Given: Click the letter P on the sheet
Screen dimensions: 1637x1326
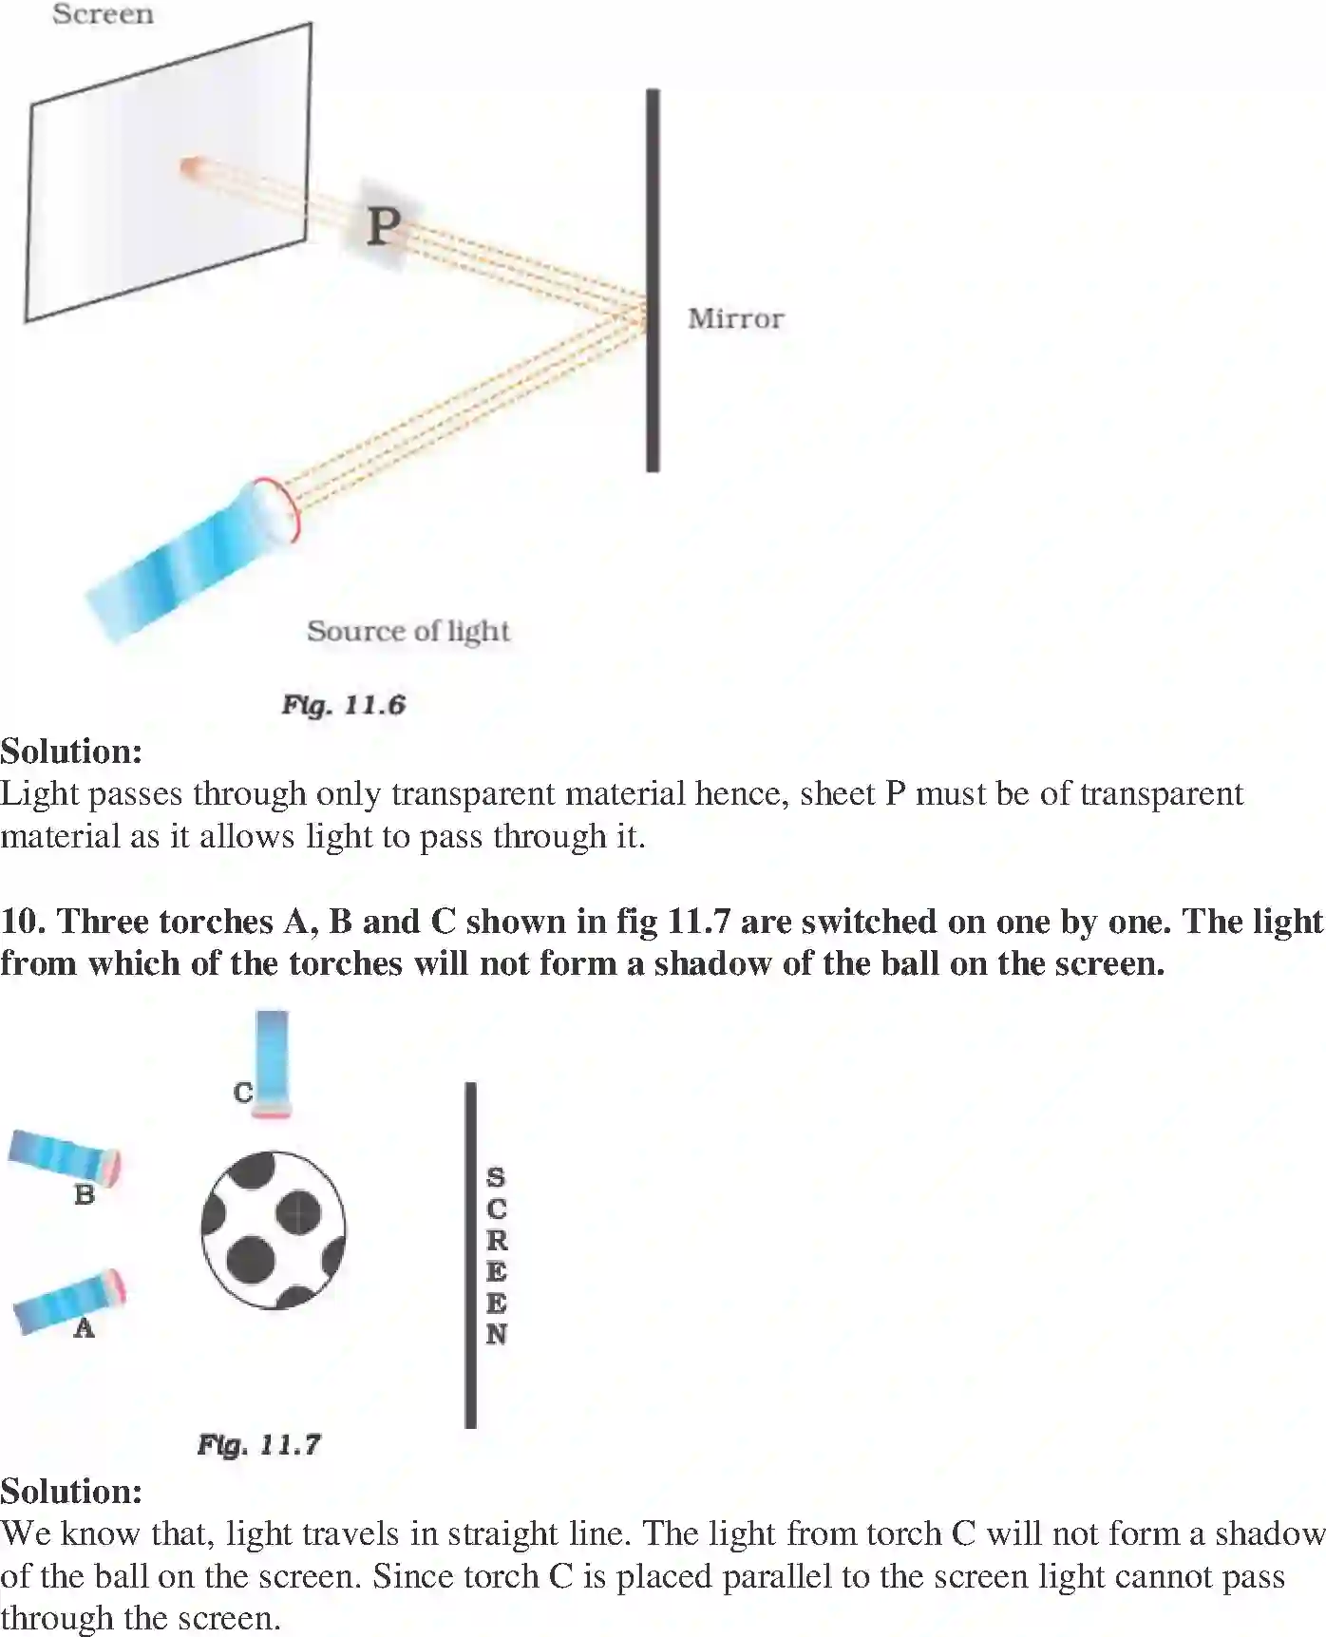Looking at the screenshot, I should click(x=383, y=226).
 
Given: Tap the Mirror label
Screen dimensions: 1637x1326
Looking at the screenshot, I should click(x=735, y=318).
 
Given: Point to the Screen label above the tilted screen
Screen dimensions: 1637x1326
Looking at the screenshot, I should click(x=103, y=14).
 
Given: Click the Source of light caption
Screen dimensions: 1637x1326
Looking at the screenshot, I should click(x=407, y=631).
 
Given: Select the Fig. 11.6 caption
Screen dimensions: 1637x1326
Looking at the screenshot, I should click(x=343, y=705).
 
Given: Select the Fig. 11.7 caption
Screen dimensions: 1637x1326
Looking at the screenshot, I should click(x=258, y=1445).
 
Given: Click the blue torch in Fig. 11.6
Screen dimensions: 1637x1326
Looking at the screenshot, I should click(x=190, y=561).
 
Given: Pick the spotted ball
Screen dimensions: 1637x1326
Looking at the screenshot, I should click(x=274, y=1229).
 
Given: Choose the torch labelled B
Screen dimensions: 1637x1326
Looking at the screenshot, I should click(x=65, y=1155).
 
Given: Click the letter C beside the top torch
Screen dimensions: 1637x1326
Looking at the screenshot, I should click(x=243, y=1093).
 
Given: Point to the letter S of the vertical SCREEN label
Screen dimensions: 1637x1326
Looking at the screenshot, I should click(x=496, y=1178).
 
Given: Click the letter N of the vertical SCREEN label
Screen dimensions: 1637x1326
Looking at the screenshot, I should click(x=496, y=1334).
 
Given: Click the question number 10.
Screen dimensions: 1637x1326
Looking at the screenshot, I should click(x=23, y=922).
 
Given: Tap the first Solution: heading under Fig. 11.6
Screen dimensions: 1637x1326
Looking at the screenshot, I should click(x=71, y=752).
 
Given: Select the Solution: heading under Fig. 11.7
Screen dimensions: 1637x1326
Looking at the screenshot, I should click(x=71, y=1492).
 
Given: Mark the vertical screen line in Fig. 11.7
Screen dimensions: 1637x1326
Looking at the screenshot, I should click(x=470, y=1254).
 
